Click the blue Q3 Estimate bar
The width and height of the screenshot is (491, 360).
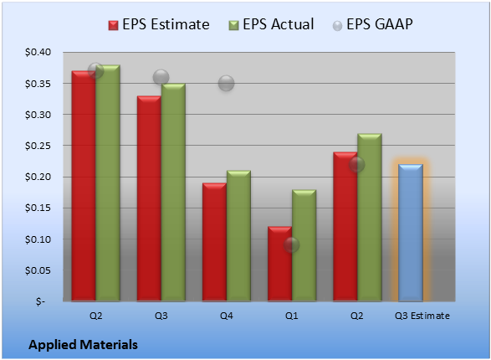click(x=411, y=233)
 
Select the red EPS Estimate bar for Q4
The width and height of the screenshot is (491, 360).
click(x=214, y=242)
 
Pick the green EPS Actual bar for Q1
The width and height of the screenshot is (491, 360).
click(x=304, y=245)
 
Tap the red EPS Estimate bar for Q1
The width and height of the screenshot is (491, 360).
click(x=279, y=264)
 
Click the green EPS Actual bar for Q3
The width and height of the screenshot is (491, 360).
click(x=173, y=193)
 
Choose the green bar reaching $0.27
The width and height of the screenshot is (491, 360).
click(x=370, y=218)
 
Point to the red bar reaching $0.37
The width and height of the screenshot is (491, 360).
click(x=84, y=186)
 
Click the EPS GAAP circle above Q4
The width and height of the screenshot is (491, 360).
click(x=226, y=84)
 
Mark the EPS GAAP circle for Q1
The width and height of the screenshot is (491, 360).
click(x=292, y=245)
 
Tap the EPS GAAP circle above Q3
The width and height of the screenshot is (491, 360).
click(x=161, y=77)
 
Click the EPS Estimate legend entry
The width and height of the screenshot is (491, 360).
click(x=159, y=24)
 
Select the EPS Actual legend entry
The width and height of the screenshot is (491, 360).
click(x=271, y=24)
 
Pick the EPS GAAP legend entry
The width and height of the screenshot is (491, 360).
click(x=372, y=24)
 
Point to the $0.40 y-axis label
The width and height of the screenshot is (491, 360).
click(x=38, y=52)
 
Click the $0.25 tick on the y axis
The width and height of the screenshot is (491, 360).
click(x=38, y=146)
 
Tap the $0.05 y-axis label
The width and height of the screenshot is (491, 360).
click(x=38, y=270)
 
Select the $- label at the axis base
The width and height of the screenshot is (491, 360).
click(x=40, y=301)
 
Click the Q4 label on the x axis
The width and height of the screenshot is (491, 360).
click(x=227, y=316)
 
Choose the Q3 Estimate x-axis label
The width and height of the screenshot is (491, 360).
click(x=422, y=316)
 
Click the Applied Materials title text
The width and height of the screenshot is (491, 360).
click(x=84, y=345)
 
